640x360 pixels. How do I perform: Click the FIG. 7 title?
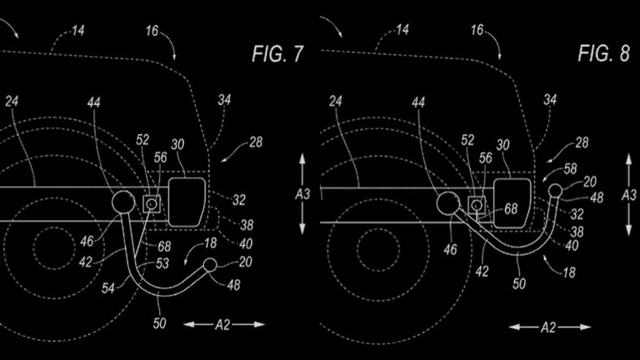(x=278, y=54)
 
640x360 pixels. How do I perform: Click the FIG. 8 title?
(x=603, y=53)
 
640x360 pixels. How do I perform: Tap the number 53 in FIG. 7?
(x=162, y=263)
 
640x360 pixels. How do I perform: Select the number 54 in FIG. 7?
(x=108, y=288)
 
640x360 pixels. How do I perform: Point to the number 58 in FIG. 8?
(x=570, y=168)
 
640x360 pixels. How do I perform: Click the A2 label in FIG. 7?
(x=223, y=325)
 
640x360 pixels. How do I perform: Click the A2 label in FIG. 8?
(x=548, y=327)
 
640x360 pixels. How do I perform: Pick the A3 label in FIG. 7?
(x=302, y=194)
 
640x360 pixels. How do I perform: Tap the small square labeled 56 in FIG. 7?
(x=151, y=203)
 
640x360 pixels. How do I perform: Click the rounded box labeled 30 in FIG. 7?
(x=187, y=202)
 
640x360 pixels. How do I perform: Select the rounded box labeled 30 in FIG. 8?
(x=512, y=203)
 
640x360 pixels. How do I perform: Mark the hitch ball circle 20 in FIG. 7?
(x=210, y=265)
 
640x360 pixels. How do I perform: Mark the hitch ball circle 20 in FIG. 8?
(x=556, y=191)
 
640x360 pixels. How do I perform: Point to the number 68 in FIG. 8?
(x=511, y=209)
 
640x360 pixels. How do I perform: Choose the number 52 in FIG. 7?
(x=142, y=140)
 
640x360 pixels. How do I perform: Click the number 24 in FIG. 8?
(x=335, y=102)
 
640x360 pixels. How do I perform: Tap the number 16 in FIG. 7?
(x=152, y=31)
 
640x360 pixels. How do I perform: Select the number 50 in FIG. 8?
(x=519, y=284)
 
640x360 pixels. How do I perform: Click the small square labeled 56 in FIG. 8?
(x=476, y=205)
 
